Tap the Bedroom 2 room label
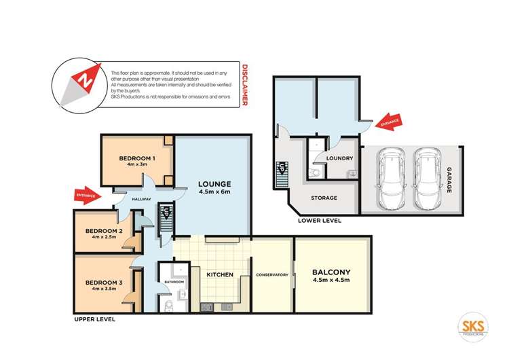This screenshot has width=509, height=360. click(104, 230)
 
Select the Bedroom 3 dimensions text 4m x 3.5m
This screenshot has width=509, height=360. click(104, 290)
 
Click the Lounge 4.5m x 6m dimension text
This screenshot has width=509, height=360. click(215, 192)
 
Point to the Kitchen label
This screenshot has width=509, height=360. click(220, 274)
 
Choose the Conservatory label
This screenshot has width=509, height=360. click(272, 274)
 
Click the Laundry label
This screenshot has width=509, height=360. click(339, 158)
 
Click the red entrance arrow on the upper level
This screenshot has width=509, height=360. click(88, 196)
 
